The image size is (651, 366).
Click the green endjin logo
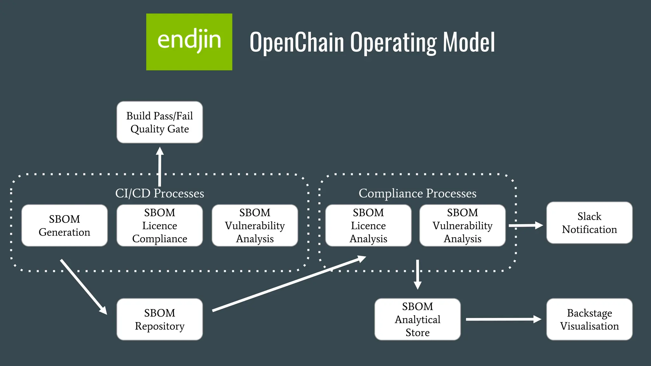(x=189, y=42)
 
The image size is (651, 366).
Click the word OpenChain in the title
(x=297, y=42)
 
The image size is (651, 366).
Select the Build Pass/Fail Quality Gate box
(x=160, y=122)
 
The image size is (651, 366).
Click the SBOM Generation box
(x=65, y=226)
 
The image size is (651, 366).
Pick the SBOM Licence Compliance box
(x=160, y=226)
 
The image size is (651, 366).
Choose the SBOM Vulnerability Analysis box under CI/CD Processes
(x=255, y=226)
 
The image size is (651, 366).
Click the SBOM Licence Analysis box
(x=368, y=226)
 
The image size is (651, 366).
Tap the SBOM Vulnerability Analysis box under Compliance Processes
(x=463, y=226)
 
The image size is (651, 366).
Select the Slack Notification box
(x=589, y=223)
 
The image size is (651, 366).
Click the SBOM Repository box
(x=160, y=319)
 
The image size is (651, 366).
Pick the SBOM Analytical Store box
(x=418, y=319)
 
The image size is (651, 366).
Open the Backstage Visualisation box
(x=589, y=319)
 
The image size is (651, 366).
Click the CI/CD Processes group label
(x=160, y=193)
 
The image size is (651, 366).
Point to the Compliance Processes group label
(x=418, y=193)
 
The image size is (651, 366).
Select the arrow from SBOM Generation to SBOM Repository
(x=84, y=287)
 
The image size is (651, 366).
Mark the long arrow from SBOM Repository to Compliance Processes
(x=289, y=283)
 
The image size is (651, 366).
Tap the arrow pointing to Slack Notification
(x=526, y=225)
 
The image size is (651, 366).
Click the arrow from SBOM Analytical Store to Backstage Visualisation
(x=504, y=319)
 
